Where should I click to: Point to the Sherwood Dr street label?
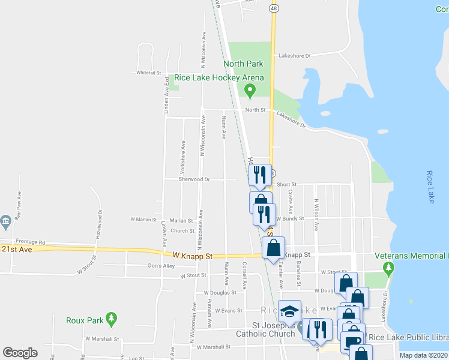tap(194, 179)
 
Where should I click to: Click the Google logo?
tap(20, 353)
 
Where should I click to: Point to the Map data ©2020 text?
tap(423, 355)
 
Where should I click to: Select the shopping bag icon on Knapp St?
tap(273, 248)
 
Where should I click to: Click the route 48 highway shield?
tap(274, 8)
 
